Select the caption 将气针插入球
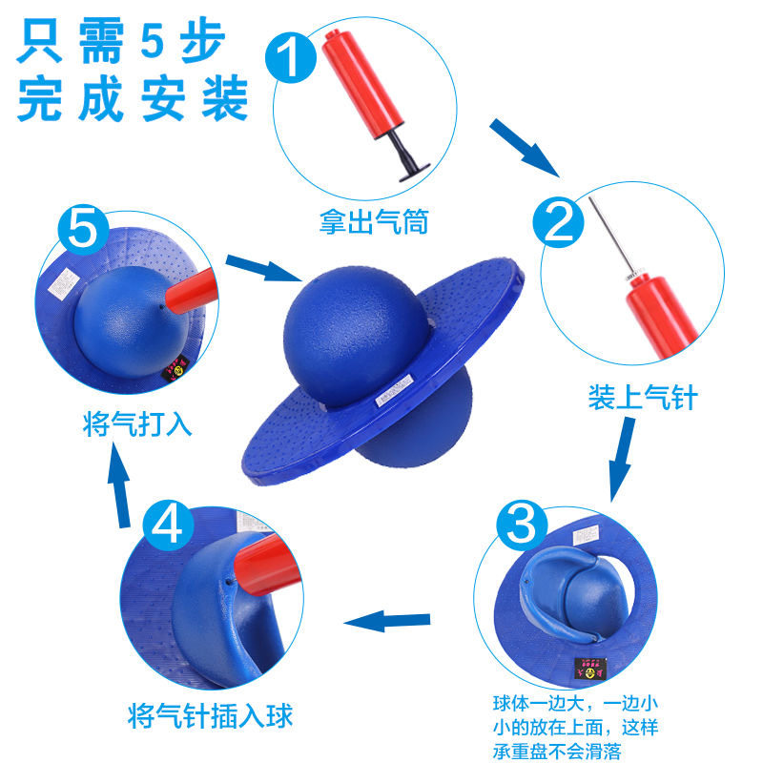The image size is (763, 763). pyautogui.click(x=210, y=714)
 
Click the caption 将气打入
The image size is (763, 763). pyautogui.click(x=137, y=423)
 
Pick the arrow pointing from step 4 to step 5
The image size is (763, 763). pyautogui.click(x=120, y=487)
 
